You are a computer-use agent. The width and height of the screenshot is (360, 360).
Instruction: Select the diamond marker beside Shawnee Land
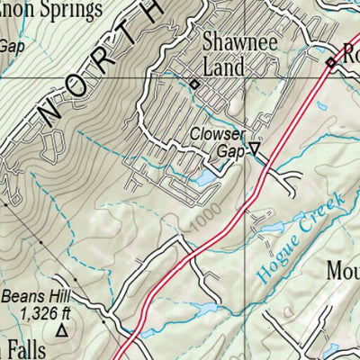click(x=194, y=85)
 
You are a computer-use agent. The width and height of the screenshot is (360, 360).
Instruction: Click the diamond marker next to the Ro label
click(x=330, y=62)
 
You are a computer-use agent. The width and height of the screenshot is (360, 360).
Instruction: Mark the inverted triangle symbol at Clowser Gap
click(x=255, y=150)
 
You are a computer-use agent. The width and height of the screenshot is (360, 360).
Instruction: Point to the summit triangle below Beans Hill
click(x=62, y=331)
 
